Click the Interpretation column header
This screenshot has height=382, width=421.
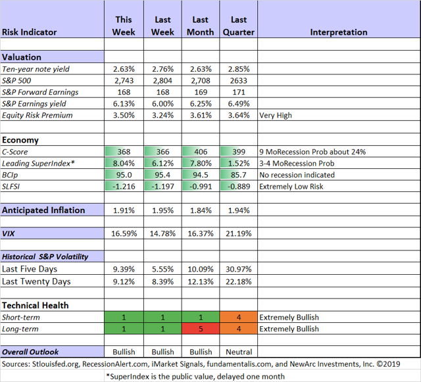click(x=339, y=32)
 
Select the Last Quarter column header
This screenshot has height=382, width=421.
click(x=238, y=26)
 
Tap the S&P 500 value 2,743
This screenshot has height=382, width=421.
click(x=124, y=80)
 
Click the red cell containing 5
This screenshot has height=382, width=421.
click(x=201, y=329)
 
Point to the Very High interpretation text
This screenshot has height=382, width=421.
click(x=276, y=116)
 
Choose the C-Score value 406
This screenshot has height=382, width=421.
click(x=201, y=152)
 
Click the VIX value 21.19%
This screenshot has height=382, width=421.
click(x=238, y=233)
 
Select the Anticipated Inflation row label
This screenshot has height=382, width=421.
click(x=43, y=210)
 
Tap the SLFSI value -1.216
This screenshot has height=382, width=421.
click(x=124, y=186)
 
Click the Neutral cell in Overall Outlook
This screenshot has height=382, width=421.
click(x=239, y=352)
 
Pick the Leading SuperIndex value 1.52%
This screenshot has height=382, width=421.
click(x=239, y=163)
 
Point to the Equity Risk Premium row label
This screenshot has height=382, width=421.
click(x=37, y=116)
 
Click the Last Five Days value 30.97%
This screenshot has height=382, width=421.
click(x=238, y=269)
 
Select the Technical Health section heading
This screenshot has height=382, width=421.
click(x=35, y=305)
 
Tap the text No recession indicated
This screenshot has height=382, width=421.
click(x=297, y=175)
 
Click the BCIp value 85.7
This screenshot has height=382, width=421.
click(x=239, y=175)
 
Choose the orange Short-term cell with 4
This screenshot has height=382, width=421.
click(x=238, y=317)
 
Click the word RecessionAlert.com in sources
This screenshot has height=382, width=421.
click(x=115, y=364)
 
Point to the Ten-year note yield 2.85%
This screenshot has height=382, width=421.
click(x=239, y=69)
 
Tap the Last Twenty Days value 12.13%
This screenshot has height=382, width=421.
click(x=201, y=281)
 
